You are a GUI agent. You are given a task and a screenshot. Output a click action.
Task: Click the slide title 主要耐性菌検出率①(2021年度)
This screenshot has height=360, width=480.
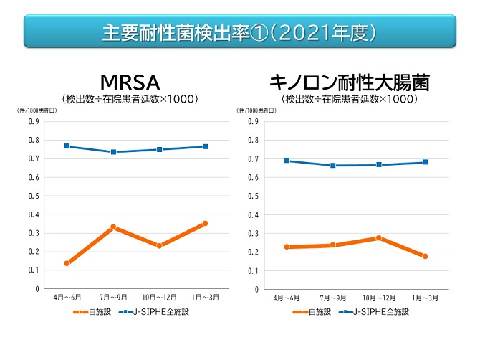pos(239,32)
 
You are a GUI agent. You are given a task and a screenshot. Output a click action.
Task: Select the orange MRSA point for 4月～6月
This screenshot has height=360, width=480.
pos(67,263)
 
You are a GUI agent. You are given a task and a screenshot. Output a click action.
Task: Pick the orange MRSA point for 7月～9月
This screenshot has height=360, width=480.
pos(113,227)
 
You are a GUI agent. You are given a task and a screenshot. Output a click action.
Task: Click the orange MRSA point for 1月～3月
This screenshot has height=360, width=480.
pos(205,223)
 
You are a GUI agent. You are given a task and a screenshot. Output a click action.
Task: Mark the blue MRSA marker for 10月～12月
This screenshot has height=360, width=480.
pos(159,149)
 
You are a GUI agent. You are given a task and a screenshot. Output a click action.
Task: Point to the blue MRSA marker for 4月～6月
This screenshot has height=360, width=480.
pos(67,146)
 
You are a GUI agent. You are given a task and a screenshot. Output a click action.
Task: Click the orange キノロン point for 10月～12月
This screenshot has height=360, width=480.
pos(379,237)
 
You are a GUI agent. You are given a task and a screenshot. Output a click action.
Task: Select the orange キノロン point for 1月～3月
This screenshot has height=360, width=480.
pos(425,256)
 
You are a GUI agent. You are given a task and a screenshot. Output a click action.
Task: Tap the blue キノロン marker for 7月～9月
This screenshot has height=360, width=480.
pos(333,165)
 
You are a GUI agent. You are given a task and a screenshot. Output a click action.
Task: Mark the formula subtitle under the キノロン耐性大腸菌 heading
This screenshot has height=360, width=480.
pos(349,98)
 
